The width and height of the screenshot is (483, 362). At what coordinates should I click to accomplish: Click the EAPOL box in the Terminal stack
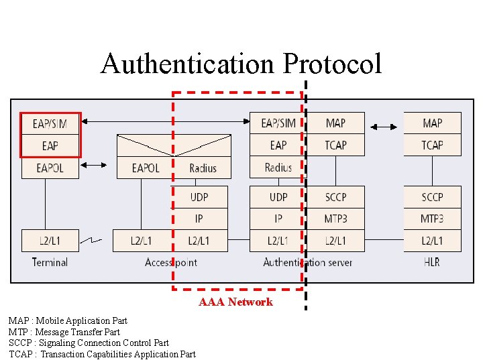pyautogui.click(x=50, y=168)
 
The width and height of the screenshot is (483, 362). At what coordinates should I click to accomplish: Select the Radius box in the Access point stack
pyautogui.click(x=202, y=168)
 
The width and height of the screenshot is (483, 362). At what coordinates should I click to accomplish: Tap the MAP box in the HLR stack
pyautogui.click(x=432, y=123)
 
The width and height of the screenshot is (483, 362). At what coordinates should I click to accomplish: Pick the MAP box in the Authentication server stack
pyautogui.click(x=335, y=123)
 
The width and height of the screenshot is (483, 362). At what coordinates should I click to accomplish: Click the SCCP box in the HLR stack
pyautogui.click(x=432, y=197)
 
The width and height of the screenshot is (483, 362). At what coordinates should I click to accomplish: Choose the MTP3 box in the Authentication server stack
pyautogui.click(x=335, y=219)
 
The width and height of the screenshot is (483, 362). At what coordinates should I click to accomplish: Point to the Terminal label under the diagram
pyautogui.click(x=50, y=262)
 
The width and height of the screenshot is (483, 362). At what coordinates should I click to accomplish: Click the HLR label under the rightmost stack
pyautogui.click(x=432, y=262)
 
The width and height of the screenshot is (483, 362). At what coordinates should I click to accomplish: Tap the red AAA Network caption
pyautogui.click(x=235, y=302)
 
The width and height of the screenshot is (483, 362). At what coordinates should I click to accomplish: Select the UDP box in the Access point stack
pyautogui.click(x=199, y=197)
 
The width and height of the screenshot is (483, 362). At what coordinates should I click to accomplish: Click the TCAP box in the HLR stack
pyautogui.click(x=432, y=145)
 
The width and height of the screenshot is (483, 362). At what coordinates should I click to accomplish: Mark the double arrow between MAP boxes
pyautogui.click(x=384, y=125)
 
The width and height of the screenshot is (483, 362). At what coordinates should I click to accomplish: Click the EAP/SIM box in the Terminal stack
pyautogui.click(x=50, y=123)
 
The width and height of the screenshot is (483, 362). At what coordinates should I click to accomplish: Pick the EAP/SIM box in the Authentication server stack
pyautogui.click(x=278, y=123)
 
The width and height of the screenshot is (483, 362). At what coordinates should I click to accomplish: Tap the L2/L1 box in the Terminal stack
pyautogui.click(x=50, y=241)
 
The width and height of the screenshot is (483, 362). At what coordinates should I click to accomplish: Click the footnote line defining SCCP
pyautogui.click(x=89, y=343)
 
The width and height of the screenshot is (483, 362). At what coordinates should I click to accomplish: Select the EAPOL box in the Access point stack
pyautogui.click(x=146, y=168)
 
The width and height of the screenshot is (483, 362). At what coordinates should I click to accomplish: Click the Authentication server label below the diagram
pyautogui.click(x=307, y=262)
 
